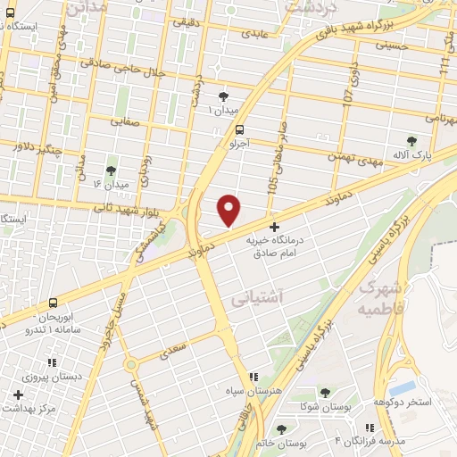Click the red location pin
coord(229,209)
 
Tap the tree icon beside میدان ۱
coord(222,96)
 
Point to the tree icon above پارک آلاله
coord(411,140)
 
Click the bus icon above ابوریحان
coord(54,303)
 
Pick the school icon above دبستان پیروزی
coord(51,361)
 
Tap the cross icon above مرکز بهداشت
coord(18,394)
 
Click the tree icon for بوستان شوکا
coord(324,392)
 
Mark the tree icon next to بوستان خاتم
coord(282,429)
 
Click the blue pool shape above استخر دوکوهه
coord(403,387)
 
